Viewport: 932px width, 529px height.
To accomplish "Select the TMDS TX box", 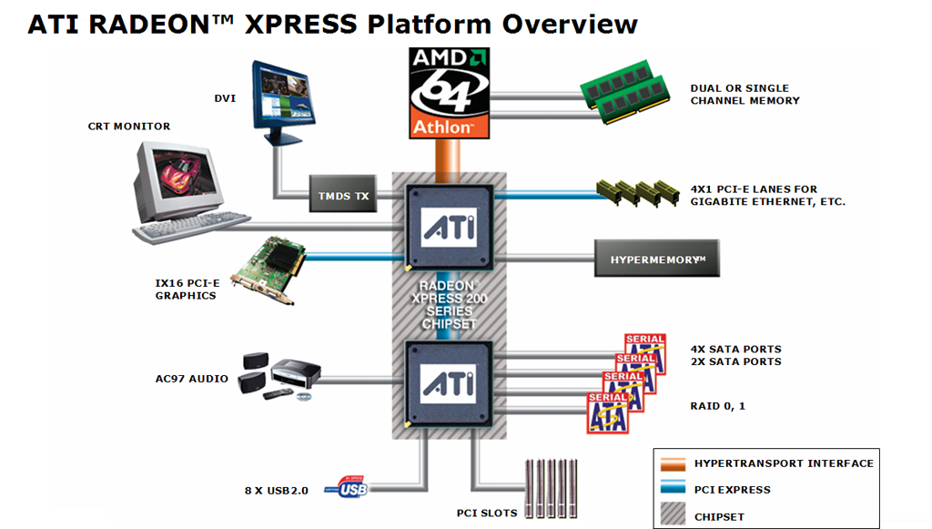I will pyautogui.click(x=344, y=197).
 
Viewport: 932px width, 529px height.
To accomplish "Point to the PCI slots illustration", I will pyautogui.click(x=552, y=488).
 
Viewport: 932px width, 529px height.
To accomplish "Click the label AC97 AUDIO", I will pyautogui.click(x=190, y=379).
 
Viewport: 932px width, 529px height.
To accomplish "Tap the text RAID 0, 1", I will pyautogui.click(x=718, y=405).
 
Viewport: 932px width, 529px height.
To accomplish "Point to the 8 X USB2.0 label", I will pyautogui.click(x=277, y=491).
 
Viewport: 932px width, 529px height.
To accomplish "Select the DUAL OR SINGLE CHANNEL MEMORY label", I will pyautogui.click(x=745, y=95).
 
